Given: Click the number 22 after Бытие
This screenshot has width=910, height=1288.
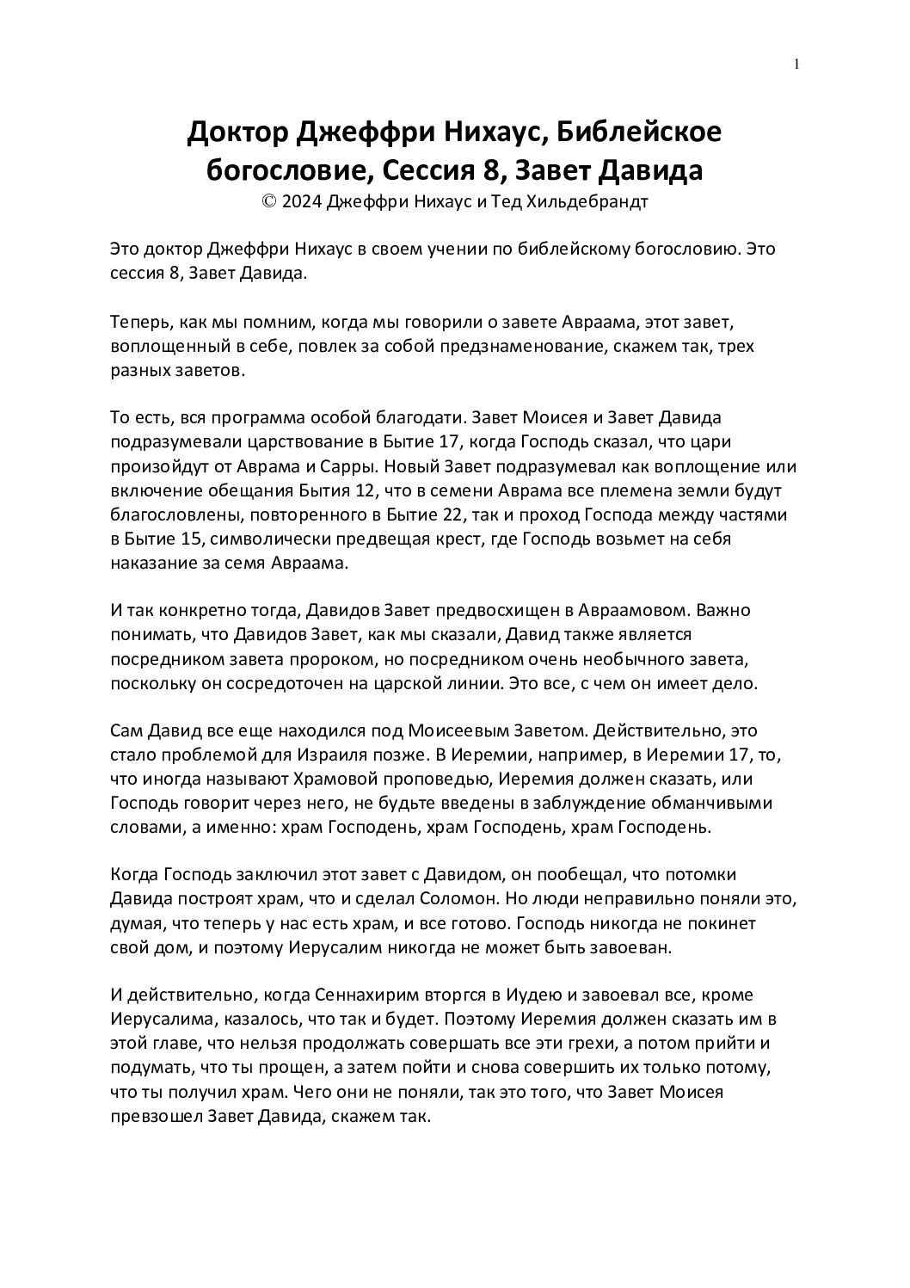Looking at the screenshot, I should pyautogui.click(x=451, y=516).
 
